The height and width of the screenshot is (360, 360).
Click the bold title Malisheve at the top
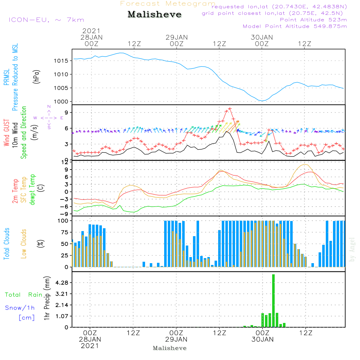[155, 14]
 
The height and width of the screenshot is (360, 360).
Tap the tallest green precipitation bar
[273, 301]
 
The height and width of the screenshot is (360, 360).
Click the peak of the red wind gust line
[230, 108]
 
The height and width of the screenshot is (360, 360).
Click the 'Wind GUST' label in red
[6, 133]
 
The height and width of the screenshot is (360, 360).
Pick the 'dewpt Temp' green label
[32, 190]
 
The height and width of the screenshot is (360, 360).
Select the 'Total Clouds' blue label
[6, 244]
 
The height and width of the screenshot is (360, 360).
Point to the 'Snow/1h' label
[20, 308]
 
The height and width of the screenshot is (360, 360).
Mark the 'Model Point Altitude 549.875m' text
[294, 26]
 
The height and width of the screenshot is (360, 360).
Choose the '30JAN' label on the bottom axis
[262, 339]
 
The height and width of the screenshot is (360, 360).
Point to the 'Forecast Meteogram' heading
[167, 4]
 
